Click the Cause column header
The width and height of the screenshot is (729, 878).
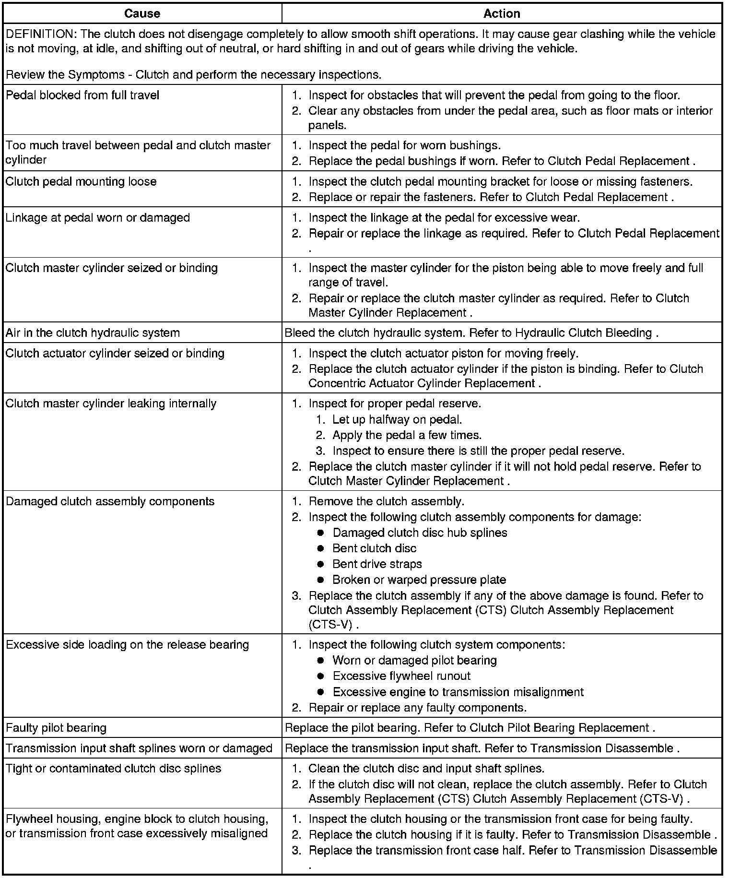click(x=142, y=13)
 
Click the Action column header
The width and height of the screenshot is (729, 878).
click(x=502, y=13)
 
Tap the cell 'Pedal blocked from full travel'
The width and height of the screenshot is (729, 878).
click(x=82, y=95)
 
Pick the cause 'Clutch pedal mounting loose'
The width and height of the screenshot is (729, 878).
click(x=81, y=181)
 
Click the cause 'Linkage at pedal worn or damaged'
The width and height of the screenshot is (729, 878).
click(x=98, y=217)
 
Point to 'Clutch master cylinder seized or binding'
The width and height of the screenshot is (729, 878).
click(x=112, y=268)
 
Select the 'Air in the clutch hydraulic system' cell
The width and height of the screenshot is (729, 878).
click(x=93, y=332)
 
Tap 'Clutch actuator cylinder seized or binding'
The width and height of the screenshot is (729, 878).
click(x=115, y=353)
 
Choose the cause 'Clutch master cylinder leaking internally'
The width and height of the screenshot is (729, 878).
click(x=111, y=403)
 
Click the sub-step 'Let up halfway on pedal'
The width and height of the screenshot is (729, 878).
click(x=397, y=420)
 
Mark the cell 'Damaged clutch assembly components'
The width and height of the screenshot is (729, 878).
click(x=110, y=501)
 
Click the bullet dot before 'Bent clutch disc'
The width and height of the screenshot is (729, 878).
click(x=321, y=548)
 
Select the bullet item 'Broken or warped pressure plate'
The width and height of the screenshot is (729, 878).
click(x=419, y=580)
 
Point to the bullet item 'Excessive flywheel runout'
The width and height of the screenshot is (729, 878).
click(x=401, y=676)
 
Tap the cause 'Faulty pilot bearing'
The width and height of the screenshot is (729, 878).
click(x=56, y=728)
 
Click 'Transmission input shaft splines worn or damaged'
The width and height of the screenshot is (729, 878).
click(x=139, y=748)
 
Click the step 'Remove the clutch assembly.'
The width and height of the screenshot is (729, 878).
click(x=386, y=501)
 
